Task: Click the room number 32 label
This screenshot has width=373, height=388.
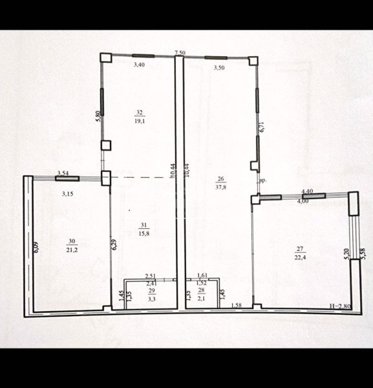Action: (x=139, y=111)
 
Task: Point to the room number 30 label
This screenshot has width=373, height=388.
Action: (x=70, y=241)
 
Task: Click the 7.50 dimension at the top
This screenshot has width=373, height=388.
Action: (x=180, y=53)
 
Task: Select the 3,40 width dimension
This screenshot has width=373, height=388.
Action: (x=139, y=65)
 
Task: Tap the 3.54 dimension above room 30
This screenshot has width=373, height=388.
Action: (x=63, y=173)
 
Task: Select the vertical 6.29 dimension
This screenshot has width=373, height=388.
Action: (x=114, y=244)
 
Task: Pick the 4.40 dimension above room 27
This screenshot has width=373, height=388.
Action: (x=308, y=191)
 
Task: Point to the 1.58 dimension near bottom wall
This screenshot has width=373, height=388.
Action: (x=237, y=305)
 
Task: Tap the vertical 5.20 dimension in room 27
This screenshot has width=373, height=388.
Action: (x=346, y=253)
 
